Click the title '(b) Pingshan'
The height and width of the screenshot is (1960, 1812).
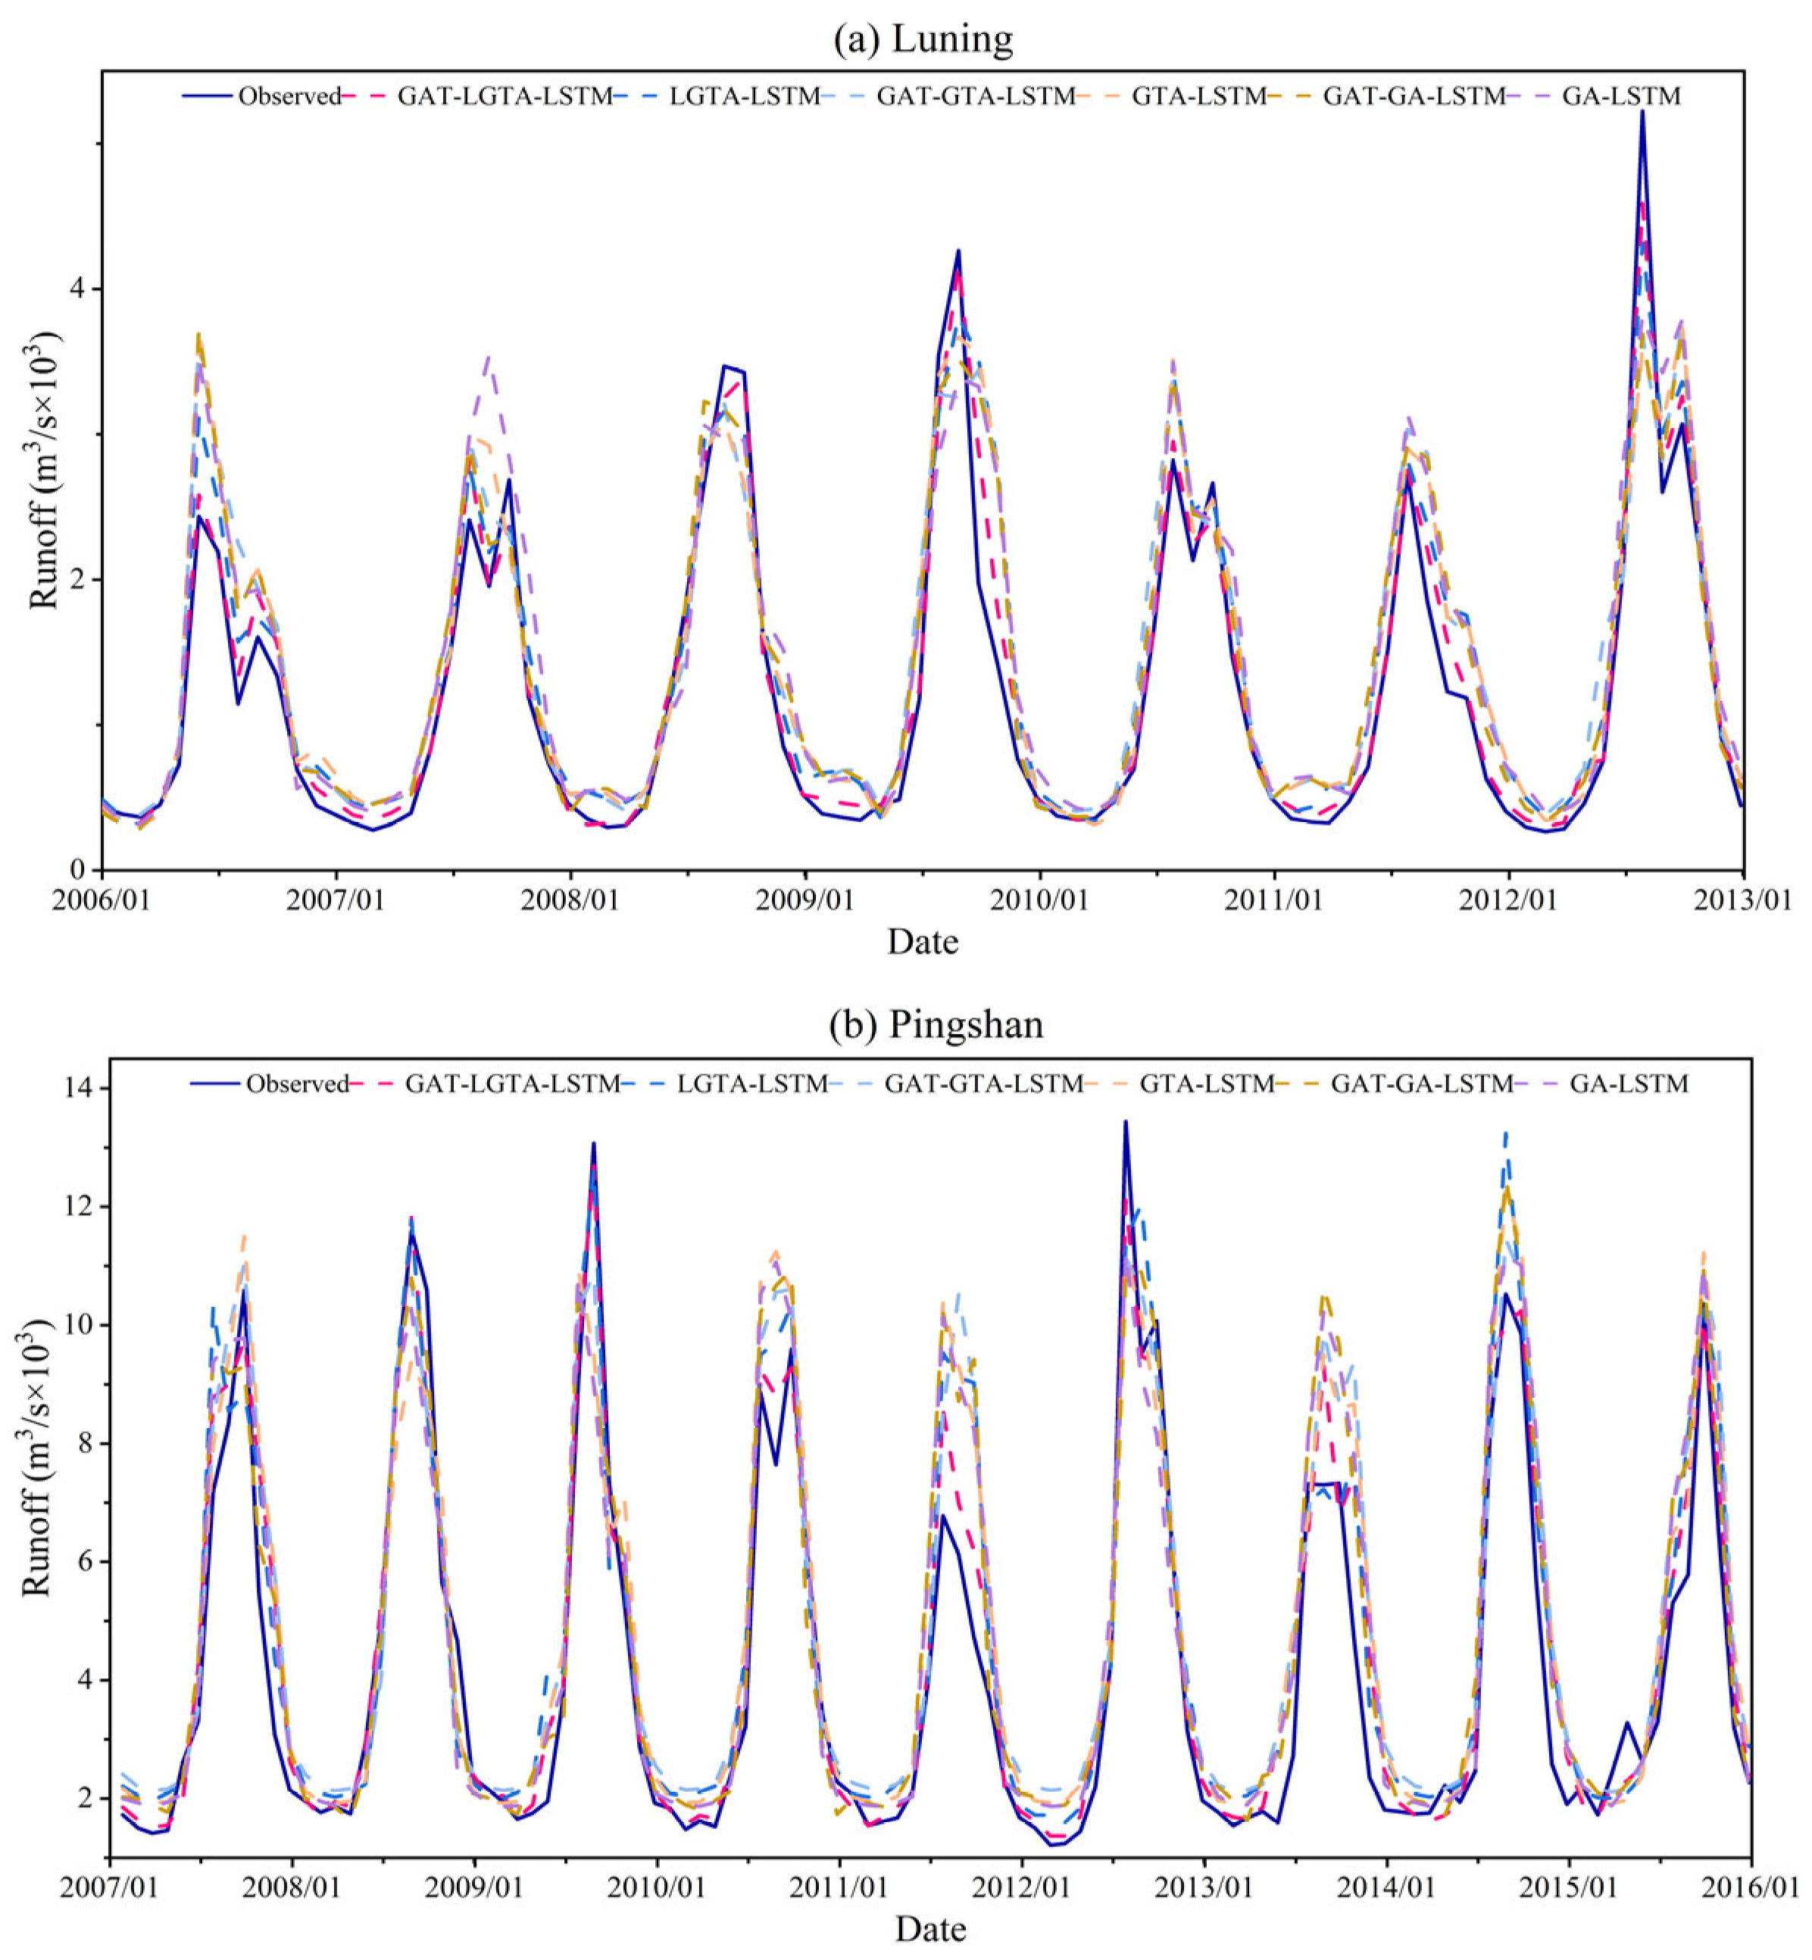[x=936, y=1024]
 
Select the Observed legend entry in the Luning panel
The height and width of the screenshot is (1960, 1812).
[x=289, y=96]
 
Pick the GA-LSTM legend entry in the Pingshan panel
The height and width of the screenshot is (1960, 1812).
[x=1629, y=1083]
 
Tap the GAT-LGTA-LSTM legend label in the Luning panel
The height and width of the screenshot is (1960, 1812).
[x=504, y=96]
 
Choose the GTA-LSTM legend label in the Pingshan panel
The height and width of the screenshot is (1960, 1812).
[x=1207, y=1083]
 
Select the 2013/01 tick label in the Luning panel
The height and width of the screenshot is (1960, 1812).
[x=1742, y=899]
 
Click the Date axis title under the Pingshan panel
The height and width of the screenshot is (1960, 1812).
[x=929, y=1930]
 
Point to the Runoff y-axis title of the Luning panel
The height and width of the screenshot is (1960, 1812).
[x=44, y=470]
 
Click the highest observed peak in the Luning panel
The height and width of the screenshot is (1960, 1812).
[x=1642, y=112]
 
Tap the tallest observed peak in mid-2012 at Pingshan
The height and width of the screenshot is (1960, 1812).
[x=1125, y=1122]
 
